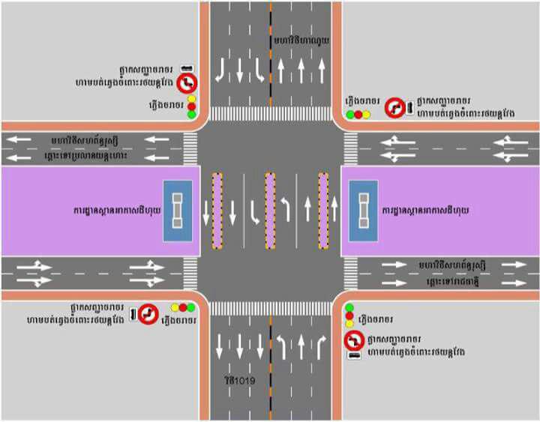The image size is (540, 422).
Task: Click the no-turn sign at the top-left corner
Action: (x=187, y=82)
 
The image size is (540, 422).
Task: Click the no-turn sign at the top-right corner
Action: (x=394, y=109)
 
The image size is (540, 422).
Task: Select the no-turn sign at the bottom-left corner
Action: (x=148, y=313)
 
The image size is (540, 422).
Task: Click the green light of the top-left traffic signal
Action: (x=192, y=115)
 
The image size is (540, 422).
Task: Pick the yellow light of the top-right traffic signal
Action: (x=367, y=115)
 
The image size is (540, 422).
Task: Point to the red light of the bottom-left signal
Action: (x=182, y=307)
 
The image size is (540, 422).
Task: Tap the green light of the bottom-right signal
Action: (x=349, y=307)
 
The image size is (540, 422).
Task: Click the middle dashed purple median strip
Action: (x=270, y=211)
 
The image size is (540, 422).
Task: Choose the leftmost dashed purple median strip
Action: (x=217, y=211)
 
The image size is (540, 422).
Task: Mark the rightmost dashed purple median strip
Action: (x=324, y=211)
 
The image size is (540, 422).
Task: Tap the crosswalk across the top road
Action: (x=270, y=113)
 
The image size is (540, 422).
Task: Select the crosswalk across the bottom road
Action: (x=270, y=308)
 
